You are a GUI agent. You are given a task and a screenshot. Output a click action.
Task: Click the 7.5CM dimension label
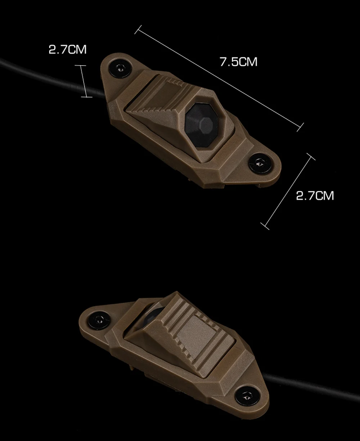click(x=238, y=62)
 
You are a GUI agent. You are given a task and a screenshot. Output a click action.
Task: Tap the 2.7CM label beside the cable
click(x=67, y=50)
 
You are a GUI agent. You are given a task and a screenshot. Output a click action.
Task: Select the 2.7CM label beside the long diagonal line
click(x=315, y=196)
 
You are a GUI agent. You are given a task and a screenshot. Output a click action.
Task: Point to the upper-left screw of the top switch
click(x=120, y=68)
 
